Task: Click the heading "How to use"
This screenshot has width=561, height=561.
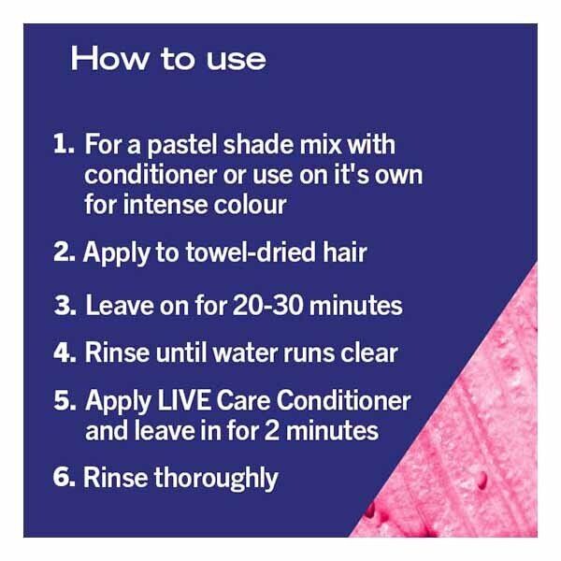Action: point(168,59)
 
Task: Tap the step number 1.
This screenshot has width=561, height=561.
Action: point(64,144)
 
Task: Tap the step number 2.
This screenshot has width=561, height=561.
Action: point(64,252)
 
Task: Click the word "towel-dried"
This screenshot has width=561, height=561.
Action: point(252,252)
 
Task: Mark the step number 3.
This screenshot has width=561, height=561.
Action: point(65,305)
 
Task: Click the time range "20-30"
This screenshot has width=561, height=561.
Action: point(268,305)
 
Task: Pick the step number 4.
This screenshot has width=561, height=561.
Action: point(65,352)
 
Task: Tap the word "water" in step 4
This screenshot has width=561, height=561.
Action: point(246,352)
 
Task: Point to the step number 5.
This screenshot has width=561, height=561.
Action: point(65,400)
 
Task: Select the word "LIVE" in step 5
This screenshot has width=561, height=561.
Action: point(184,400)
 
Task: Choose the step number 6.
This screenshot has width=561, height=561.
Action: point(64,477)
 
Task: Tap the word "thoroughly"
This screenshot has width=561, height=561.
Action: point(216,479)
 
